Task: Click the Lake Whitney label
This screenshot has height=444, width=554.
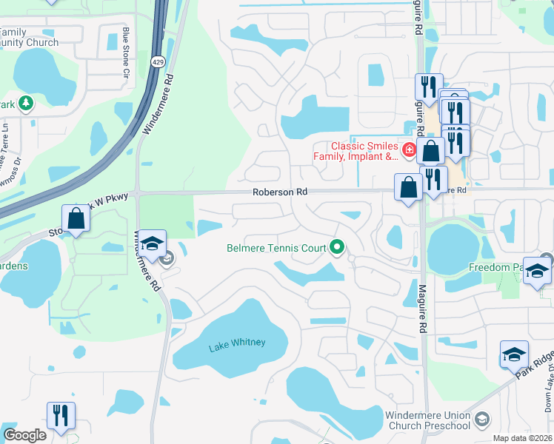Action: click(x=237, y=342)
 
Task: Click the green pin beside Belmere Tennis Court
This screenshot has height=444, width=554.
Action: click(x=338, y=248)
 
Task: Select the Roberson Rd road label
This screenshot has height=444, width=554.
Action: click(x=279, y=192)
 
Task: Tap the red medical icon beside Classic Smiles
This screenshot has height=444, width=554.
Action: click(x=409, y=150)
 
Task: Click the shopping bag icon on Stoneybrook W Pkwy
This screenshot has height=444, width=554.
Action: click(x=76, y=219)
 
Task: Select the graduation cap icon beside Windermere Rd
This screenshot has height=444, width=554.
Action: click(x=152, y=245)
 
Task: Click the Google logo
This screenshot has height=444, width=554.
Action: click(x=24, y=435)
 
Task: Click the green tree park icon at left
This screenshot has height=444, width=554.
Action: click(x=27, y=103)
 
